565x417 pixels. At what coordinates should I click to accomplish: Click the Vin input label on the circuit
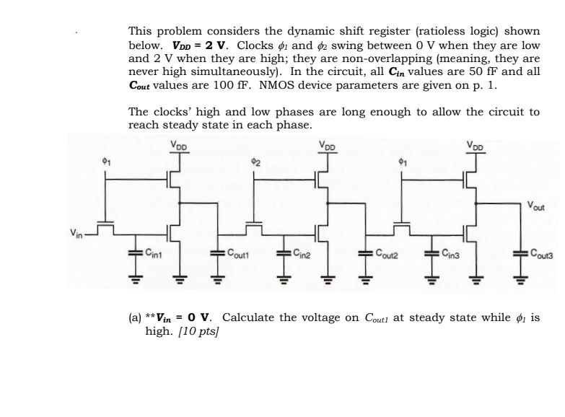point(77,232)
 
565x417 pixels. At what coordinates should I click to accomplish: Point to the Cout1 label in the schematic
point(239,253)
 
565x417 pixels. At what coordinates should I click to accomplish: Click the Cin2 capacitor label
point(304,253)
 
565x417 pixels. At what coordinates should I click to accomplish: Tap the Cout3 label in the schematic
point(541,253)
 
